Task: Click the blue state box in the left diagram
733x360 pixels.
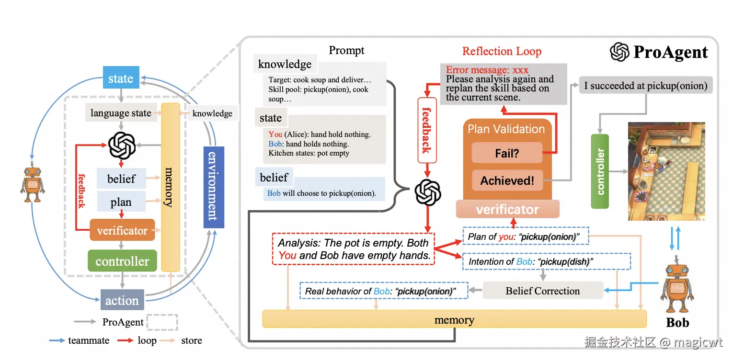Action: (121, 78)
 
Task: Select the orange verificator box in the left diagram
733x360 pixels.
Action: (122, 230)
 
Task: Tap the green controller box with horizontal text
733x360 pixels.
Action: (122, 261)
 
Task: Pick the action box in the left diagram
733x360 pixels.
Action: (122, 300)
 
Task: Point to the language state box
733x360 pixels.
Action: (121, 113)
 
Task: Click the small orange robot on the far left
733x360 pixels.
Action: (32, 184)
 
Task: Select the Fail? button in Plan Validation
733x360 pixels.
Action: (507, 154)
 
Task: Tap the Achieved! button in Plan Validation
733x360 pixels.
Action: (507, 180)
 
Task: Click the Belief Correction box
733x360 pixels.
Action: (542, 291)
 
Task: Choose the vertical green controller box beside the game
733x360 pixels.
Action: (600, 171)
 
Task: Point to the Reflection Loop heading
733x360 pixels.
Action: (502, 51)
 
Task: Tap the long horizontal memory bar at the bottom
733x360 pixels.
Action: (454, 319)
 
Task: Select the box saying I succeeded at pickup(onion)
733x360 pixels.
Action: (645, 86)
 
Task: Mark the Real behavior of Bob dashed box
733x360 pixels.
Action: (383, 291)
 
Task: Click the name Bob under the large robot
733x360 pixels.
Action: (677, 323)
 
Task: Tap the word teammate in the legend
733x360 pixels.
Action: (89, 340)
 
